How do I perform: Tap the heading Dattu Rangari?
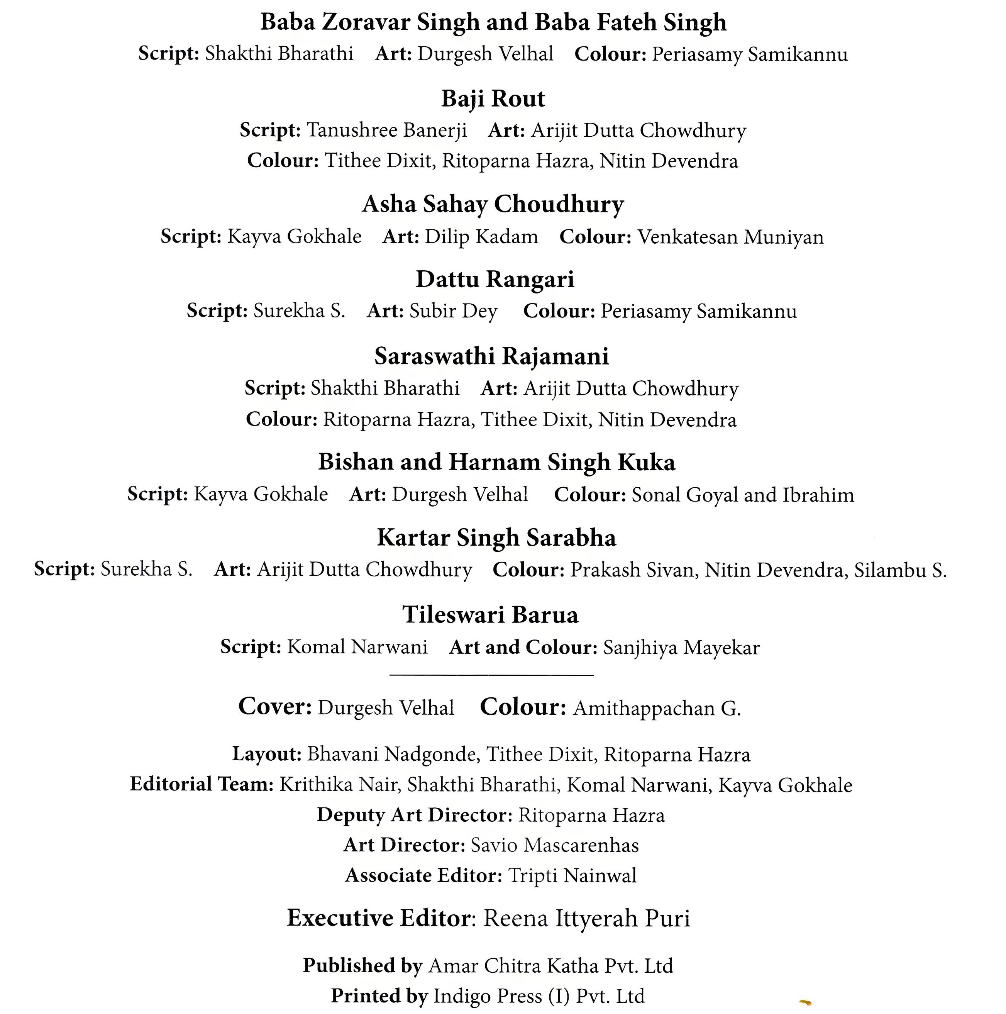pyautogui.click(x=495, y=279)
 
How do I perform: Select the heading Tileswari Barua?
pyautogui.click(x=490, y=615)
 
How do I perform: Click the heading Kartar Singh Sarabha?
pyautogui.click(x=496, y=538)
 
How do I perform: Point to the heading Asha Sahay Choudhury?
pyautogui.click(x=493, y=204)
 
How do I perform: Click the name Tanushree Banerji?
pyautogui.click(x=386, y=130)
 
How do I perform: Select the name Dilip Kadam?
pyautogui.click(x=481, y=237)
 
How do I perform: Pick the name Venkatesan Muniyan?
pyautogui.click(x=730, y=237)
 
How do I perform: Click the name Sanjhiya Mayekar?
pyautogui.click(x=681, y=648)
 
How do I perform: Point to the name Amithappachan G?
pyautogui.click(x=657, y=709)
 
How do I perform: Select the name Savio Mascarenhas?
pyautogui.click(x=555, y=845)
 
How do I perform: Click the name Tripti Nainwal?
pyautogui.click(x=572, y=875)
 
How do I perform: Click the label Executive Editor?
pyautogui.click(x=378, y=918)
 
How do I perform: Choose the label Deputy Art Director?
pyautogui.click(x=414, y=815)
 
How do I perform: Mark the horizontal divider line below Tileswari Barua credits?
pyautogui.click(x=492, y=675)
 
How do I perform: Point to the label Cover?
pyautogui.click(x=275, y=707)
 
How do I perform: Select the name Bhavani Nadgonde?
pyautogui.click(x=392, y=754)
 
